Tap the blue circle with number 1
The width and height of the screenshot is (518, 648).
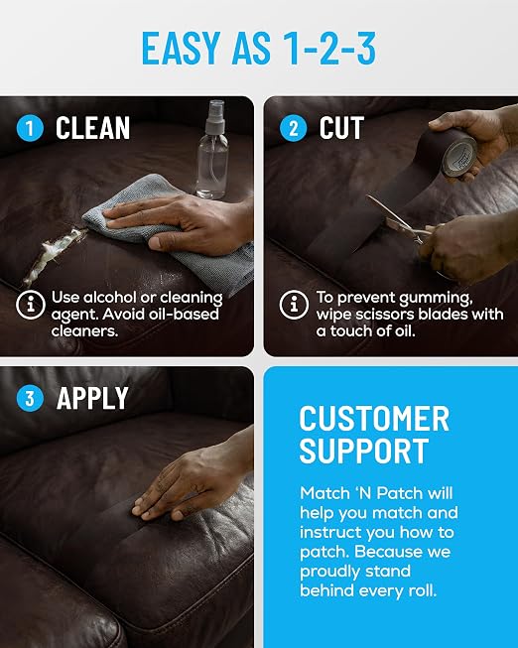pyautogui.click(x=30, y=128)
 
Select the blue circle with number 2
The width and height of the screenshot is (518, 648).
pyautogui.click(x=293, y=128)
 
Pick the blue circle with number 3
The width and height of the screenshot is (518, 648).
pyautogui.click(x=30, y=398)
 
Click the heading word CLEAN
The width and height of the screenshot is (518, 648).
pyautogui.click(x=92, y=128)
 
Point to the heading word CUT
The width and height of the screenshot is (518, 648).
pyautogui.click(x=341, y=128)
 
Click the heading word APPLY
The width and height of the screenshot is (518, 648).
pyautogui.click(x=92, y=398)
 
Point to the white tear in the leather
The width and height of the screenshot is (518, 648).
pyautogui.click(x=54, y=255)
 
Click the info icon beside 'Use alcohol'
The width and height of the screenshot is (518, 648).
pyautogui.click(x=30, y=305)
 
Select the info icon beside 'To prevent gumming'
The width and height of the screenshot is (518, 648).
pyautogui.click(x=294, y=305)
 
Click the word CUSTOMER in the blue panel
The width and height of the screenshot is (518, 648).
pyautogui.click(x=374, y=419)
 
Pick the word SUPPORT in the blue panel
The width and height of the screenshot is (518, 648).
pyautogui.click(x=364, y=451)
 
